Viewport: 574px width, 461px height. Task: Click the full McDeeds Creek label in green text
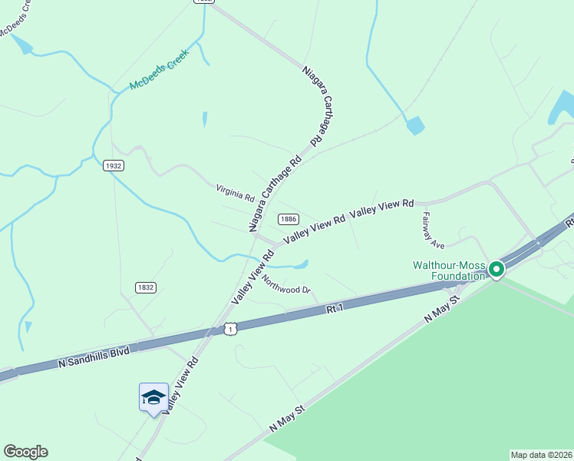point(159,70)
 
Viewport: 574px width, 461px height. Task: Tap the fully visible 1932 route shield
point(113,165)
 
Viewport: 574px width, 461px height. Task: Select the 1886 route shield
point(288,219)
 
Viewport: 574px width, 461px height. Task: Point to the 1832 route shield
point(146,287)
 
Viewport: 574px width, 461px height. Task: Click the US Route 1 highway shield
point(231,329)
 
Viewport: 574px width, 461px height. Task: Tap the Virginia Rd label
point(235,191)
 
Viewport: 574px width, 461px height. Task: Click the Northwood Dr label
point(286,285)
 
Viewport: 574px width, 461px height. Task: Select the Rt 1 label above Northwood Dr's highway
point(333,309)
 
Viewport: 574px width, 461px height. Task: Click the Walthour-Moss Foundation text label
point(449,270)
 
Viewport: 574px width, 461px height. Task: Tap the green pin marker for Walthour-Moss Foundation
point(496,269)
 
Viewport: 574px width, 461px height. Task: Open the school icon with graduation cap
point(153,396)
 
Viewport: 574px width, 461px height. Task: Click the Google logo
point(25,452)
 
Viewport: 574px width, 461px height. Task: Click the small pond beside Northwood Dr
point(299,265)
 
